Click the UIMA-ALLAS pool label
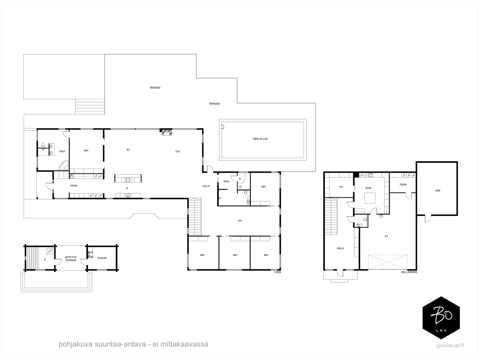[x=260, y=139]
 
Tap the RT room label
[x=128, y=150]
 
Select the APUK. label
[x=74, y=186]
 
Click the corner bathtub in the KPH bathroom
[x=64, y=166]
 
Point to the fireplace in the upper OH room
[x=167, y=132]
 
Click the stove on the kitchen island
[x=128, y=180]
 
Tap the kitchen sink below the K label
[x=128, y=195]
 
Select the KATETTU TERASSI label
[x=71, y=259]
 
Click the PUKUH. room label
[x=102, y=258]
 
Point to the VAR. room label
[x=438, y=191]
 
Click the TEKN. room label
[x=403, y=185]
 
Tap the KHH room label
[x=368, y=188]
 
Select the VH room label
[x=341, y=187]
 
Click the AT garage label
[x=386, y=236]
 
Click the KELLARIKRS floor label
[x=409, y=272]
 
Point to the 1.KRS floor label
[x=277, y=272]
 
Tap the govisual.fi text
[x=450, y=346]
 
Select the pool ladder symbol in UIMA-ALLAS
[x=222, y=127]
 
